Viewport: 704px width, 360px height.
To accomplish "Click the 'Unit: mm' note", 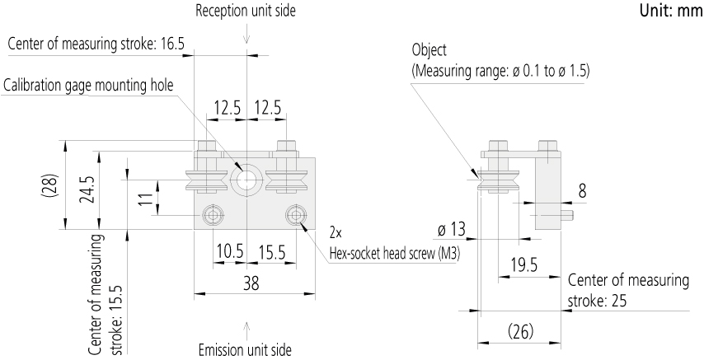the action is coord(671,11).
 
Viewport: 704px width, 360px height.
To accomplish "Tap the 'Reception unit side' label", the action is coord(246,11).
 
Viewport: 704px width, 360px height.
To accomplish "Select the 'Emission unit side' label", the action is coord(245,349).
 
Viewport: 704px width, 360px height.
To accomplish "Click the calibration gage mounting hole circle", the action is coord(245,180).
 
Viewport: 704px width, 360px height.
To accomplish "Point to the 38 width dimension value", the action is coord(251,283).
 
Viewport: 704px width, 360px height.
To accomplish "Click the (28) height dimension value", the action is coord(49,185).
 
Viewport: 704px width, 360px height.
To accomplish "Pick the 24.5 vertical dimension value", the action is coord(87,189).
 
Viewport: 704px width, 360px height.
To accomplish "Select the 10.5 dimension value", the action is coord(230,252).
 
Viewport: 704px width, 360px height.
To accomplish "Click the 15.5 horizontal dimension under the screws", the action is coord(271,252).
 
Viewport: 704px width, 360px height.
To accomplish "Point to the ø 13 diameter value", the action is coord(452,231).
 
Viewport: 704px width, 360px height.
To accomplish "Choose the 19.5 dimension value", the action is coord(524,265).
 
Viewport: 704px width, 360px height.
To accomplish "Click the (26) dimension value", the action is coord(521,332).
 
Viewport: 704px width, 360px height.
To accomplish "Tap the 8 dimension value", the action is coord(582,192).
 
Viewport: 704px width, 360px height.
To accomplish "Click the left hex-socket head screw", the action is coord(212,216).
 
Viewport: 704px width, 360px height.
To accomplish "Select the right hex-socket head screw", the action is coord(296,216).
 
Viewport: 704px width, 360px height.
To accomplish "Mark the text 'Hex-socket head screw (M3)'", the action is coord(395,254).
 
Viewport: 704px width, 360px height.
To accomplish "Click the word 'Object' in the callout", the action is coord(429,49).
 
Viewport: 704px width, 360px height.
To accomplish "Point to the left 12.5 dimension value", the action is coord(227,108).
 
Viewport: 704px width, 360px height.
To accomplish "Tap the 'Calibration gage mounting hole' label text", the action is coord(88,85).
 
